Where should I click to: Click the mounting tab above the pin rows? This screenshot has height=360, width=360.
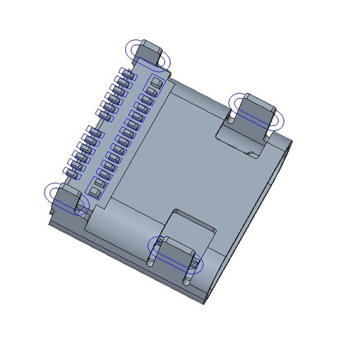[150, 52]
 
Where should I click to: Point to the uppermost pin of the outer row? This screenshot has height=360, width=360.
[128, 74]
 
